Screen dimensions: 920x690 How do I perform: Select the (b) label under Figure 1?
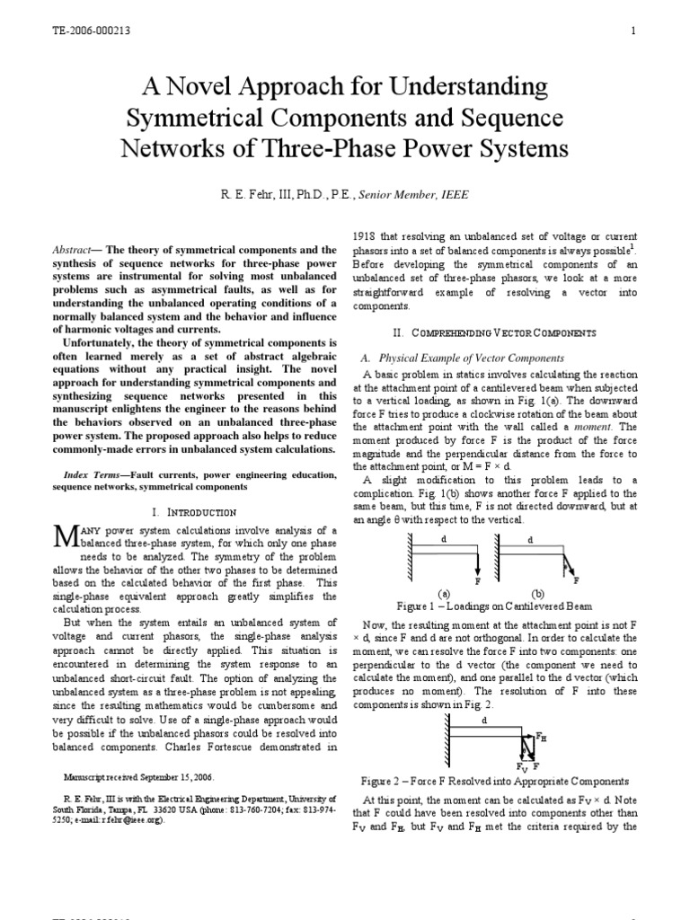pos(538,594)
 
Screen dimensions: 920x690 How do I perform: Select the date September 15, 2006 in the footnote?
pos(181,776)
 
